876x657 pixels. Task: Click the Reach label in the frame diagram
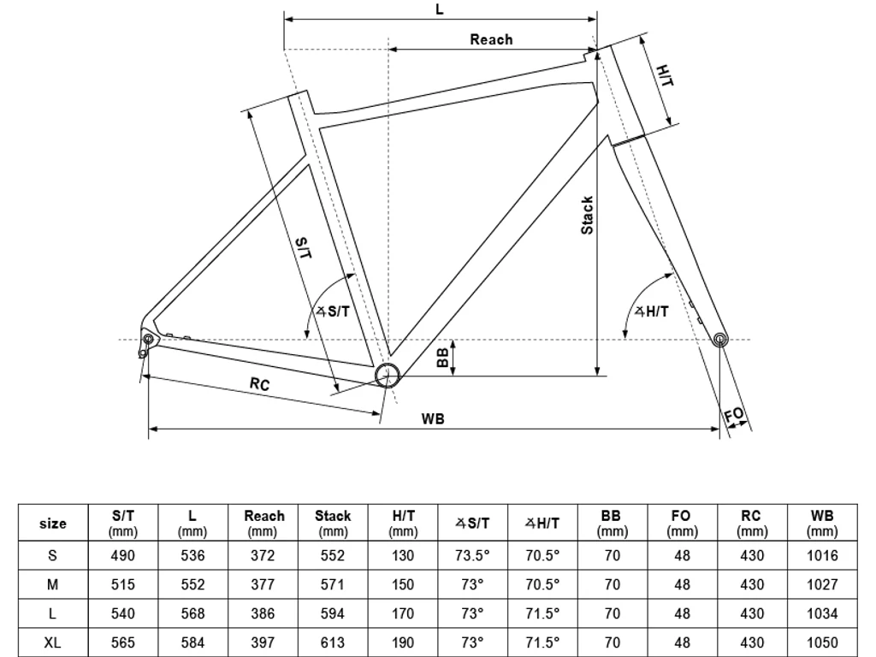(x=491, y=39)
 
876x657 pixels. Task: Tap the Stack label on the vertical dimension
(x=587, y=216)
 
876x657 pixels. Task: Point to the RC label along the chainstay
(x=259, y=385)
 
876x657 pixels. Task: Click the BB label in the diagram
(x=442, y=357)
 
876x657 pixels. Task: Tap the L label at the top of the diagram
(x=440, y=9)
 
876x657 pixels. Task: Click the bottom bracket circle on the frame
(x=387, y=375)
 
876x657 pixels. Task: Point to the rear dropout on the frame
(x=147, y=340)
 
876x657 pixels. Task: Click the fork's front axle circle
(x=720, y=340)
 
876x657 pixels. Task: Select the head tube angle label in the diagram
(x=652, y=312)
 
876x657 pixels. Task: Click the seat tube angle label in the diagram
(x=334, y=311)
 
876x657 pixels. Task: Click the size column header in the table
(x=53, y=524)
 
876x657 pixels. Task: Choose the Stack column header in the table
(x=333, y=524)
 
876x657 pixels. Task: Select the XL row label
(x=53, y=643)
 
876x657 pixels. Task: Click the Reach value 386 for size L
(x=263, y=613)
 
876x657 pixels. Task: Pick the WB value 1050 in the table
(x=822, y=643)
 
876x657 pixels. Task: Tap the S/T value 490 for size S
(x=123, y=555)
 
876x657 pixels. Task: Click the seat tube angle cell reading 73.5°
(x=472, y=555)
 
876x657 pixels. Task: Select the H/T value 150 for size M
(x=402, y=584)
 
